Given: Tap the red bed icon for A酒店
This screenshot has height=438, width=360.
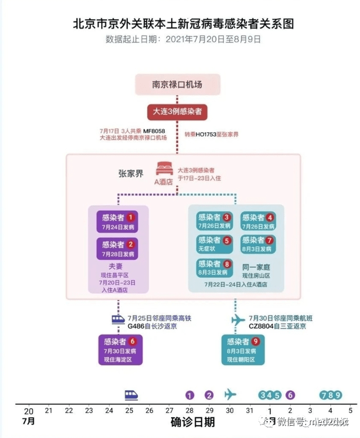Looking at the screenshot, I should coord(164,169).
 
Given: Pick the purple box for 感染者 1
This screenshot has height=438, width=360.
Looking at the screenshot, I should coord(117,220).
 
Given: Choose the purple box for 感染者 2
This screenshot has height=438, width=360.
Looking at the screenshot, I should coord(117,248).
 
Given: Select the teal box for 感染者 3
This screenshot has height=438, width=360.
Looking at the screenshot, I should coord(214,221).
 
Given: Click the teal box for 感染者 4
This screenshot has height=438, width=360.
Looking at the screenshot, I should coord(258,221).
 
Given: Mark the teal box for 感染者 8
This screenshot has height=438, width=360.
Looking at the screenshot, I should coord(214,267).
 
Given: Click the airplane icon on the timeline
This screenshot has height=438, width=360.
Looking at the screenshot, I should coord(230,394).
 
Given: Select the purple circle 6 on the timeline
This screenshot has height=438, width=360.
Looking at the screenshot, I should coord(290,395).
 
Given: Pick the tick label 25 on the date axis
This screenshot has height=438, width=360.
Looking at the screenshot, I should coord(129,410).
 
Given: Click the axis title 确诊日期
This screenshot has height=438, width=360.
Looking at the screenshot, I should coord(192,421).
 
